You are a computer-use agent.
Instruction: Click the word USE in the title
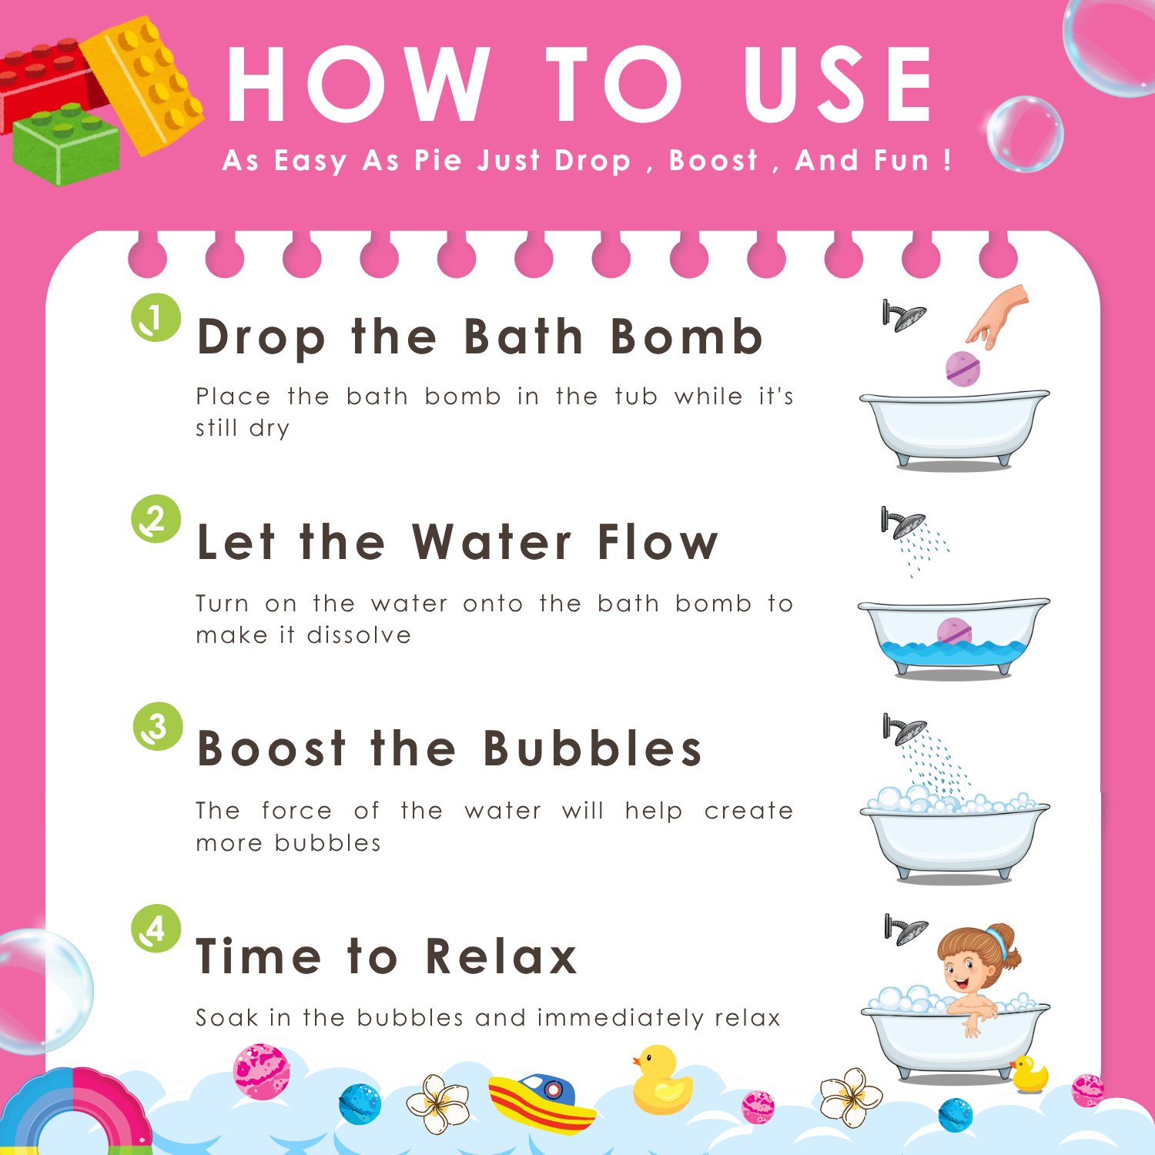click(838, 84)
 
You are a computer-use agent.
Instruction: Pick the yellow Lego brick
click(142, 82)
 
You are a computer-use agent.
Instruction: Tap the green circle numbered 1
click(156, 317)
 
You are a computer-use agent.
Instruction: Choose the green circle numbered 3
click(158, 726)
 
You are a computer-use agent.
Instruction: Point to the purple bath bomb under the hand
click(962, 368)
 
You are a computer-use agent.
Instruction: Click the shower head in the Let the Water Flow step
click(902, 523)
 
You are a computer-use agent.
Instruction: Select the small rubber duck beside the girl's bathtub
click(1029, 1075)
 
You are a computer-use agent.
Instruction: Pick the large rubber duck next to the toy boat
click(661, 1080)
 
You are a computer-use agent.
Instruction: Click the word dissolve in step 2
click(359, 635)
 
